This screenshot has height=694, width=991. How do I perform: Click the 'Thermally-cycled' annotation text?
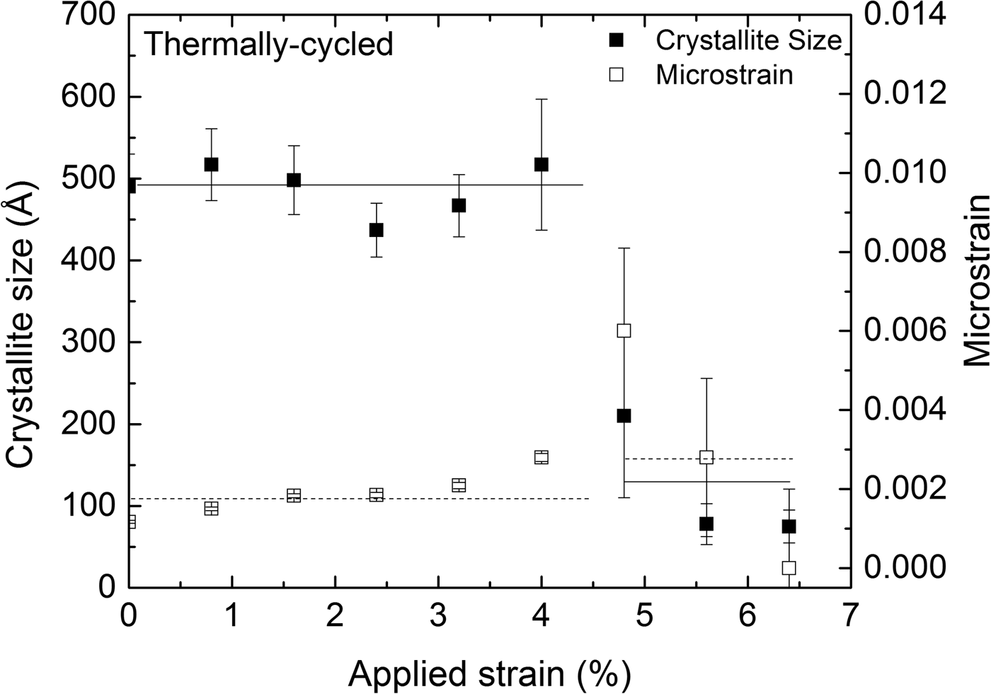[x=268, y=45]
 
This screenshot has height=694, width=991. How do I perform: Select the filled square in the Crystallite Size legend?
[x=617, y=41]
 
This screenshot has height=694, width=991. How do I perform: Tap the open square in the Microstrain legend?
[x=617, y=74]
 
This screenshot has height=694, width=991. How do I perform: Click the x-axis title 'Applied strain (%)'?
[x=489, y=673]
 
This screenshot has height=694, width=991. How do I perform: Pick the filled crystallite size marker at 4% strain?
[x=542, y=164]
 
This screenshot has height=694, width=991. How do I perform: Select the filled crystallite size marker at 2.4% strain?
[x=376, y=230]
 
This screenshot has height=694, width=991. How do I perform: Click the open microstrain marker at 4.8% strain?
[x=624, y=330]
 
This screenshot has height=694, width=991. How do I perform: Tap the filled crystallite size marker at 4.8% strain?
[x=624, y=416]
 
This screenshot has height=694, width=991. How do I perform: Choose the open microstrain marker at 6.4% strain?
[x=789, y=568]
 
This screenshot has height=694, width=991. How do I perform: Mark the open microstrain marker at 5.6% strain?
[x=706, y=457]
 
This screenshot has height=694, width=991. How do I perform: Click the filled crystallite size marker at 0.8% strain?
[x=211, y=164]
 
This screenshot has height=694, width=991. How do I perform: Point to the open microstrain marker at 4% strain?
[x=542, y=457]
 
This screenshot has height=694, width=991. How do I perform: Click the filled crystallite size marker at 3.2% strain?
[x=459, y=205]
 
